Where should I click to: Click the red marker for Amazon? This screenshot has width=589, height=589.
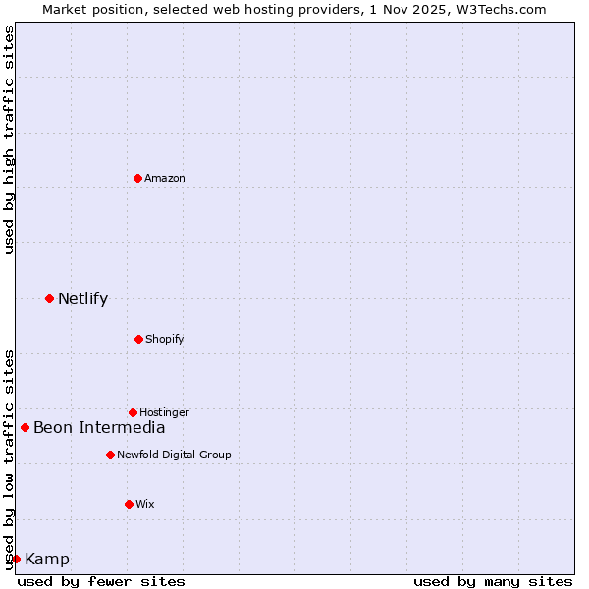point(137,178)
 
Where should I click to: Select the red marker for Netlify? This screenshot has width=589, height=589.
point(49,298)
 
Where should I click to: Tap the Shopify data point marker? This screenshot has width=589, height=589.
point(138,339)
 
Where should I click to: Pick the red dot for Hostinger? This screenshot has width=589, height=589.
point(133,412)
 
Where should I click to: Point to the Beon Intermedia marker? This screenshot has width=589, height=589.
point(25,427)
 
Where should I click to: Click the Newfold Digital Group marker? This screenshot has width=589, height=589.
point(110,455)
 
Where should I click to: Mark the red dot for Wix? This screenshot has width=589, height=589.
point(129,504)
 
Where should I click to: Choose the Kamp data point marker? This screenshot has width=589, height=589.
point(16,559)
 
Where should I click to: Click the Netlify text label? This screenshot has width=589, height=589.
point(82,299)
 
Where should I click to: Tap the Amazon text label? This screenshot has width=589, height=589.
point(165,178)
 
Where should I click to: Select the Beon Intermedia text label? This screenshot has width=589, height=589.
point(99,427)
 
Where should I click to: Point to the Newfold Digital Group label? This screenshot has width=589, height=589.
point(174,455)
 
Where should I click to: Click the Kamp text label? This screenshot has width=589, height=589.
point(47,560)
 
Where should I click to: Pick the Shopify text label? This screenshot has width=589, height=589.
point(165,339)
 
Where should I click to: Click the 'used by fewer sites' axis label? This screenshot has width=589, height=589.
point(101,581)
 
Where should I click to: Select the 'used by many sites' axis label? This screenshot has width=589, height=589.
point(493,581)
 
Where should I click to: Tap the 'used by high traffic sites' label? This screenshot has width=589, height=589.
point(9,140)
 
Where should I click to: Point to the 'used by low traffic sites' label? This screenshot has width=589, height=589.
point(9,459)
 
